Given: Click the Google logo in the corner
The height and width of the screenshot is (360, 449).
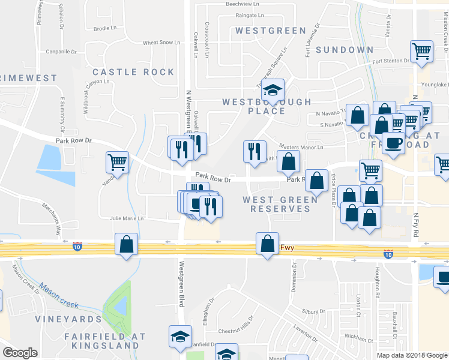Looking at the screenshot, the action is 20,353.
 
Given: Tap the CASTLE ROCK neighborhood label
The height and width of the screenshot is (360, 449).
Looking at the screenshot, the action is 133,72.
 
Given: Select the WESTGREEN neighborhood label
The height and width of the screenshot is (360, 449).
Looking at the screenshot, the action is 266,30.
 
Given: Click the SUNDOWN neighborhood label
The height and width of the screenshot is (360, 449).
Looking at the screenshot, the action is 340,49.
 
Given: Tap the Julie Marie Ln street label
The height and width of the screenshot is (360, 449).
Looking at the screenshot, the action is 127,218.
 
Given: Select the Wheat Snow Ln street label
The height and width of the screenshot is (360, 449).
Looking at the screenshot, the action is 161,43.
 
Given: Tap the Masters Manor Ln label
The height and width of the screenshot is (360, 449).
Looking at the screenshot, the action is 301,147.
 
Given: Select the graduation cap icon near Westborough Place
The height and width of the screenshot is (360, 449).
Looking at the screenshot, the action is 273,91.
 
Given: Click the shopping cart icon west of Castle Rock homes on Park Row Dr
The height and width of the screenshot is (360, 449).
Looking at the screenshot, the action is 118,162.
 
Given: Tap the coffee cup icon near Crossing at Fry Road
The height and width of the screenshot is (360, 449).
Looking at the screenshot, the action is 394,143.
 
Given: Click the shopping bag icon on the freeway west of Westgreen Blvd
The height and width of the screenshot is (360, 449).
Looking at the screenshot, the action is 126,244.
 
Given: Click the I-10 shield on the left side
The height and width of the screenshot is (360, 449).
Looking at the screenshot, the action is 77,246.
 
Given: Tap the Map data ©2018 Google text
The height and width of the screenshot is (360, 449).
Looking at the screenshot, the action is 411,355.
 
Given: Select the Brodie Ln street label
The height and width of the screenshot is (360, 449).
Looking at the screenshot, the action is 105,28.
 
